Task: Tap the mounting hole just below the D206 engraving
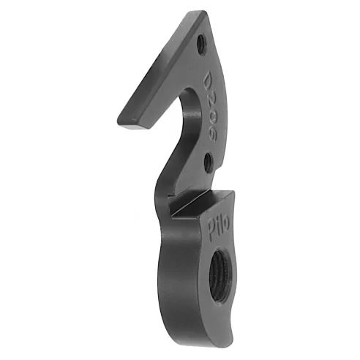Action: [209, 159]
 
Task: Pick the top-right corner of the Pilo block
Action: [233, 192]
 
